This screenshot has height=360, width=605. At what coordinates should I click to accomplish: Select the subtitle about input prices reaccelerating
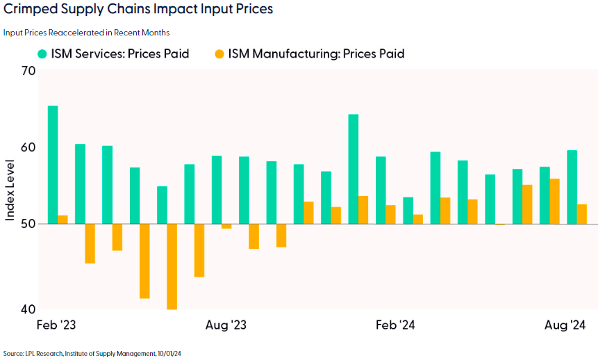pos(86,33)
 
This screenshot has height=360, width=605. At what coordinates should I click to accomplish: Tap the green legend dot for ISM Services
pos(42,54)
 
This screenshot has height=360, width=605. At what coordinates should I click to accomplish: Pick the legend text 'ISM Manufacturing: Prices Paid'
pos(316,54)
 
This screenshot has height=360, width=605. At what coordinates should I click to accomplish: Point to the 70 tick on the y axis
pos(28,70)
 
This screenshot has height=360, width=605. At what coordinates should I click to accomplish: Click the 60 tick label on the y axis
pos(28,147)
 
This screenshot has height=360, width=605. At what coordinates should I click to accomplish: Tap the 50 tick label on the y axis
pos(28,224)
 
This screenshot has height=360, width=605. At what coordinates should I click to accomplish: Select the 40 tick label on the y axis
pos(28,309)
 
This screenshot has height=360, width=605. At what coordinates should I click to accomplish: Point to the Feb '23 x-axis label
pos(55,325)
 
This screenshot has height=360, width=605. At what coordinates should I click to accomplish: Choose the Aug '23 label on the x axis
pos(226,325)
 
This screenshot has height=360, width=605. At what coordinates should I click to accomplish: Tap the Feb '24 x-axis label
pos(396,325)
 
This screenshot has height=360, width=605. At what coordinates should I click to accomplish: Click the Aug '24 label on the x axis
pos(566,325)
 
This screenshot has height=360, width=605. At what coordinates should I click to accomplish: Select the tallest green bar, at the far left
pos(53,165)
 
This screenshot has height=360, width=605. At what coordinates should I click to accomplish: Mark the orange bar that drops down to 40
pos(172,266)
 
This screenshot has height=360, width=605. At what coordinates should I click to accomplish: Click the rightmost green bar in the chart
pos(572,187)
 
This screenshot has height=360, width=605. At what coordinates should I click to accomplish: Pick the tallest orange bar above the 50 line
pos(554,202)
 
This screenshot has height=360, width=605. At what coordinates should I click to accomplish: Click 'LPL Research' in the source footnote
pos(45,354)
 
